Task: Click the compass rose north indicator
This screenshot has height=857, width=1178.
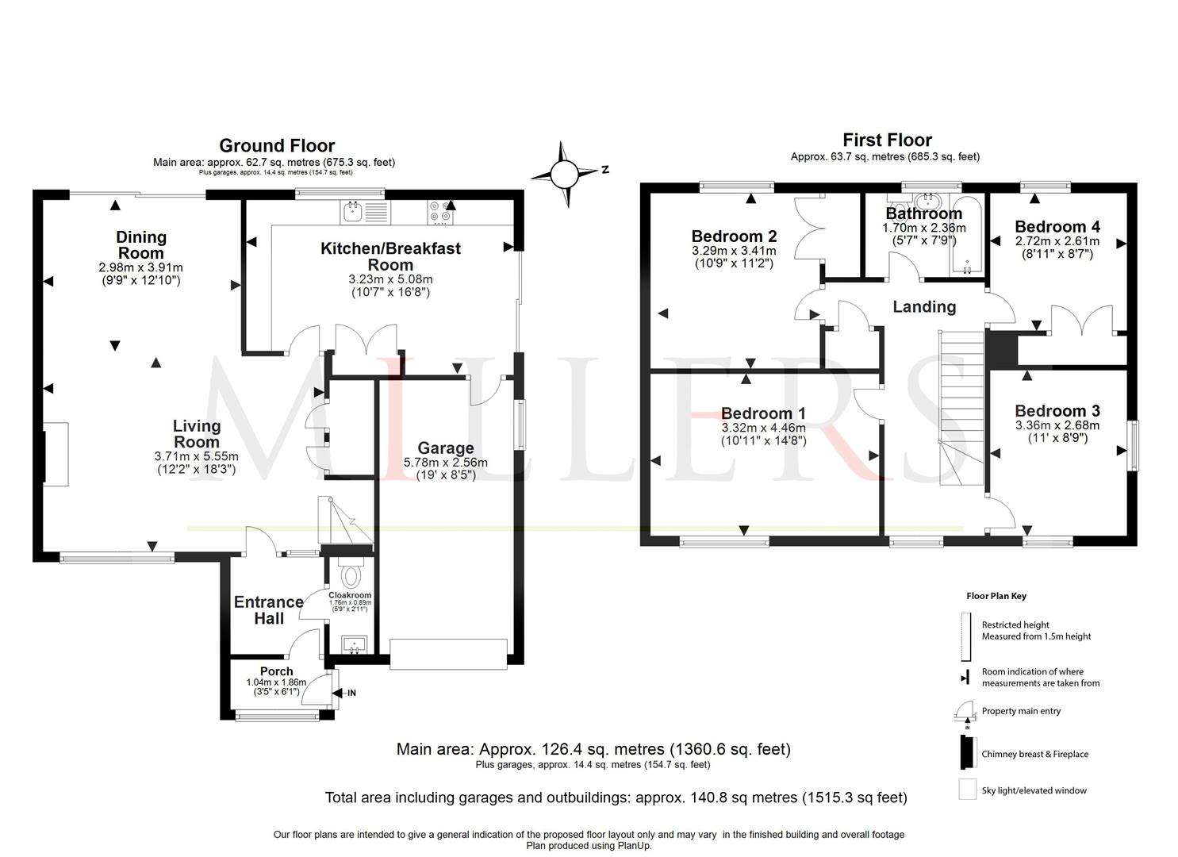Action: click(x=565, y=172)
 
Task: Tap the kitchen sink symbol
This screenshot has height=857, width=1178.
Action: click(x=364, y=211)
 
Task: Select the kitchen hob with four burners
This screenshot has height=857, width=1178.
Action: click(x=441, y=211)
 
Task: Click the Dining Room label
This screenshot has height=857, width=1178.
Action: click(x=141, y=244)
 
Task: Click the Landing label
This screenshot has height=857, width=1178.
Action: click(x=924, y=307)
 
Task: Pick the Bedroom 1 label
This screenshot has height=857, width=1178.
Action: click(x=763, y=413)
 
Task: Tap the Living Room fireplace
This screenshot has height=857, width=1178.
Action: click(x=56, y=453)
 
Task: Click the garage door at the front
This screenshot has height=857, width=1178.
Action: click(x=448, y=654)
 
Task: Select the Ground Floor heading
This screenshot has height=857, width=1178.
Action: click(x=277, y=146)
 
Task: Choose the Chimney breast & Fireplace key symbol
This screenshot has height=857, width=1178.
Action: click(x=968, y=752)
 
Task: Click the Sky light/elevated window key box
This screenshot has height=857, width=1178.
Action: click(x=967, y=790)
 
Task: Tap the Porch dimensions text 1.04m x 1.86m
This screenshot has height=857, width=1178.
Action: click(x=276, y=682)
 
